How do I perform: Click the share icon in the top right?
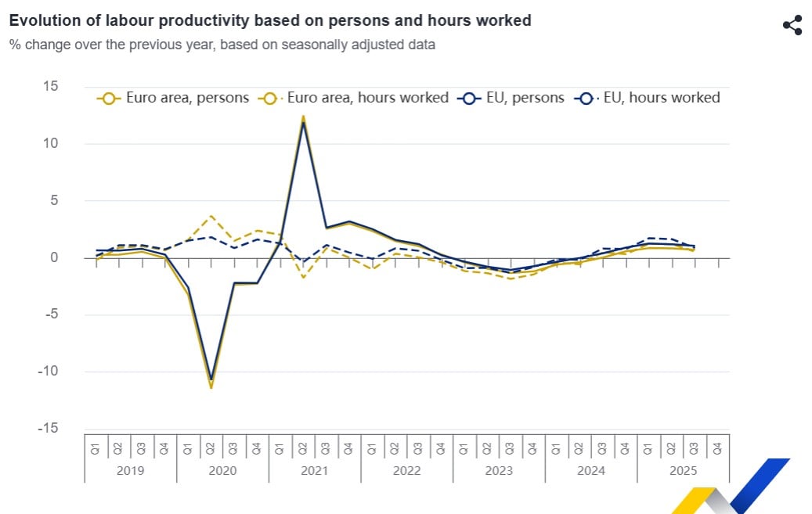click(792, 25)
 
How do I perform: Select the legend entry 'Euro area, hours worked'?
click(356, 98)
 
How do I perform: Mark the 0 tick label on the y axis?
click(54, 257)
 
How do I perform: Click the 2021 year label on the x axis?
click(314, 470)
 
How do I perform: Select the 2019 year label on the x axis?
click(130, 470)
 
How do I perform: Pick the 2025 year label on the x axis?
click(683, 470)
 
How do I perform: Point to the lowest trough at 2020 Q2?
click(211, 386)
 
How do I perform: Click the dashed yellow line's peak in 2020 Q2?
click(211, 216)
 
